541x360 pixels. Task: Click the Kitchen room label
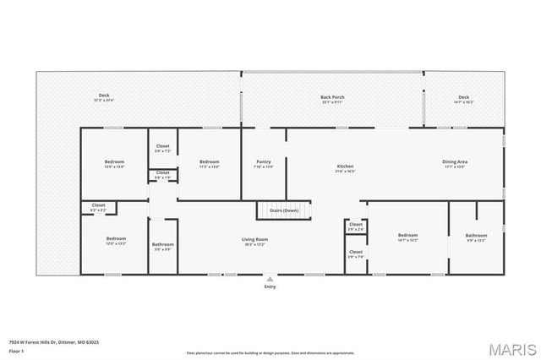pyautogui.click(x=345, y=166)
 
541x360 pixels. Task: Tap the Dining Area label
pyautogui.click(x=455, y=161)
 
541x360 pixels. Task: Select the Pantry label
pyautogui.click(x=263, y=161)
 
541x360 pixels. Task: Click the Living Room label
pyautogui.click(x=254, y=240)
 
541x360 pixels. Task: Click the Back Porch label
pyautogui.click(x=331, y=97)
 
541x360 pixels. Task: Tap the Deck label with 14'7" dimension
pyautogui.click(x=463, y=97)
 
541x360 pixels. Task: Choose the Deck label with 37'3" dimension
pyautogui.click(x=104, y=95)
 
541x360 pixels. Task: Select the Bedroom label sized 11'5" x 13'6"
pyautogui.click(x=209, y=161)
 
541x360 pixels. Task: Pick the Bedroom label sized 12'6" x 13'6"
pyautogui.click(x=114, y=161)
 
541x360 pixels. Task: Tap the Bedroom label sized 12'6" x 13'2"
pyautogui.click(x=116, y=239)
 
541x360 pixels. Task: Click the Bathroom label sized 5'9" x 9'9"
pyautogui.click(x=162, y=246)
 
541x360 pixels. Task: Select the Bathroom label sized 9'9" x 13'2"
pyautogui.click(x=476, y=236)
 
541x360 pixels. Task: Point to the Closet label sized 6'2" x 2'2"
pyautogui.click(x=99, y=205)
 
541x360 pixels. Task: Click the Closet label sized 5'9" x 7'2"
pyautogui.click(x=162, y=146)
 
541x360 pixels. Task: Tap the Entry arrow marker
pyautogui.click(x=270, y=278)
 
